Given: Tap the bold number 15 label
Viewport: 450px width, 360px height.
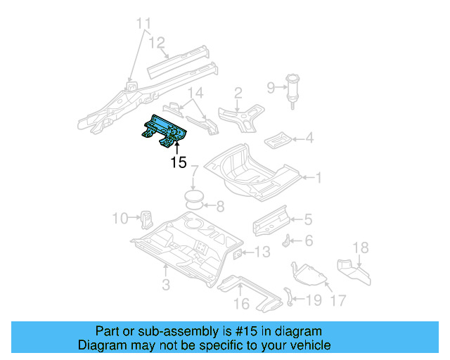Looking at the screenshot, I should [178, 163].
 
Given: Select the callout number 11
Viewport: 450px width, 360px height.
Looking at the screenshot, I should [143, 25].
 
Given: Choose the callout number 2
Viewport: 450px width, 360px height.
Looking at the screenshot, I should [238, 92].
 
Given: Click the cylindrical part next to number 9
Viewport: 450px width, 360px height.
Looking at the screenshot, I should [291, 89].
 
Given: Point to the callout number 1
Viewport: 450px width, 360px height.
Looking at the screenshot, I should [318, 179].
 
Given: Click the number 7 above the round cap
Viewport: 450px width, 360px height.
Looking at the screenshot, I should [195, 170].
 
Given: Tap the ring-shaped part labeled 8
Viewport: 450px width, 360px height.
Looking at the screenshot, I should [194, 206].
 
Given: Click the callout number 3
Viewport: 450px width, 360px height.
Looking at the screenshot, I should [165, 285].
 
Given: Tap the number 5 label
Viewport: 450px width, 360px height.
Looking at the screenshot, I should [308, 220].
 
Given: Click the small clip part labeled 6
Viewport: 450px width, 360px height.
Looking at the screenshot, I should [288, 240].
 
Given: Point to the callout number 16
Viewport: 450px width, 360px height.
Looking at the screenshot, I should [241, 304].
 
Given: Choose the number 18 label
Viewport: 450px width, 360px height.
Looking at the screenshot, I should [360, 247].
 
